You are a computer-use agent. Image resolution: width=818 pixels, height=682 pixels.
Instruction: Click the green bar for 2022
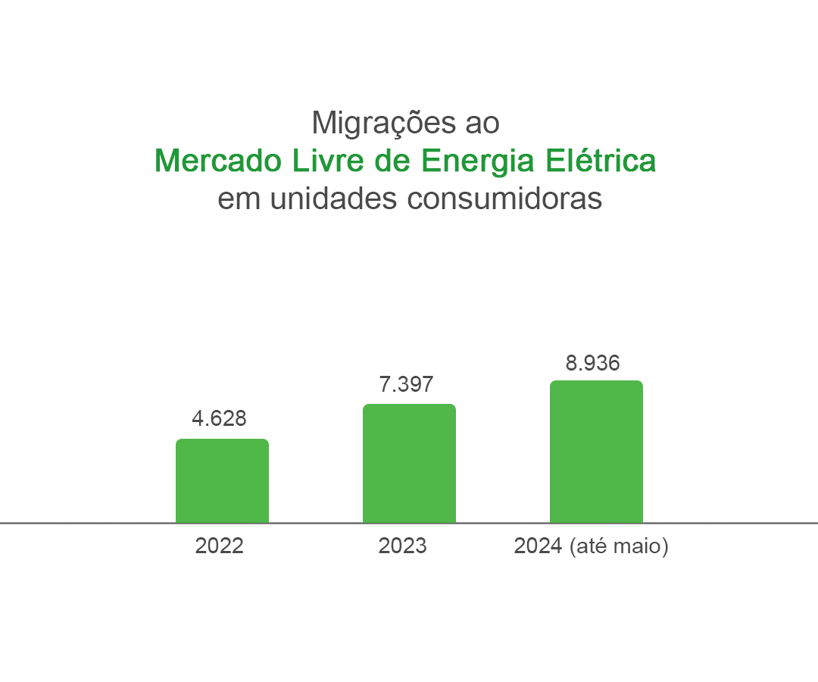222,480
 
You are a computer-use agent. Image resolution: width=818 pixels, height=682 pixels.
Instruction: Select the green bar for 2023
409,463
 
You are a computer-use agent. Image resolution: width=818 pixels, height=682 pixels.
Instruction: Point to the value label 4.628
219,418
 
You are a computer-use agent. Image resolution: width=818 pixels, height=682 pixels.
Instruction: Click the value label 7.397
406,384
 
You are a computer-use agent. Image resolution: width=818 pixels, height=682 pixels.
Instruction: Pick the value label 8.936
592,363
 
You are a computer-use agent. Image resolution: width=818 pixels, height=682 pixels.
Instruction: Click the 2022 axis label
219,546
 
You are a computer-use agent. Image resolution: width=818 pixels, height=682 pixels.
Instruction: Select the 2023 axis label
402,546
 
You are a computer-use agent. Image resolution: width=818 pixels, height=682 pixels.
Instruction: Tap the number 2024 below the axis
538,546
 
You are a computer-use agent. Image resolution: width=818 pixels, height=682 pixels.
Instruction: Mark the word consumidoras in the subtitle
504,199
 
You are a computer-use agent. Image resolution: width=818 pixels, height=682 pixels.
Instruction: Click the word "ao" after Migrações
482,124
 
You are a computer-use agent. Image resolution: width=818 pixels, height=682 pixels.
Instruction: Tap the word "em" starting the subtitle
237,199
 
